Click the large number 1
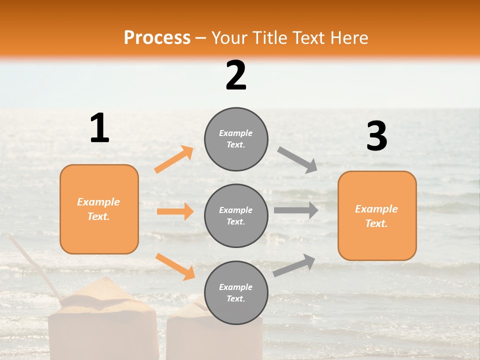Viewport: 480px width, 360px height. click(99, 128)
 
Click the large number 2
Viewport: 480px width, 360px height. click(236, 75)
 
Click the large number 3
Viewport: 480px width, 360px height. click(376, 136)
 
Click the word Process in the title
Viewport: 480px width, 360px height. click(157, 37)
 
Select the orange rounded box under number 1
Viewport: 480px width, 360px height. click(99, 209)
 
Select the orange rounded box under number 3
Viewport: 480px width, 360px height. click(377, 215)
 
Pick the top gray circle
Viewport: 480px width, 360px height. click(236, 139)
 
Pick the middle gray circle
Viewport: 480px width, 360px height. click(236, 215)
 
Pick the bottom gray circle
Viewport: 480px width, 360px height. click(236, 292)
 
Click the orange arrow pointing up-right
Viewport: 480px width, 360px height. click(174, 159)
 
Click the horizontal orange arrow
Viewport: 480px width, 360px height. click(175, 211)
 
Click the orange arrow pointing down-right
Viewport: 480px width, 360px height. click(175, 266)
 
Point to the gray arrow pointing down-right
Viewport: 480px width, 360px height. click(297, 159)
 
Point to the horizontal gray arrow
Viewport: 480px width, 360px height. click(295, 210)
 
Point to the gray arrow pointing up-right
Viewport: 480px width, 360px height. click(294, 265)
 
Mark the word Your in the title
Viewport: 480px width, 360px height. click(228, 37)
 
